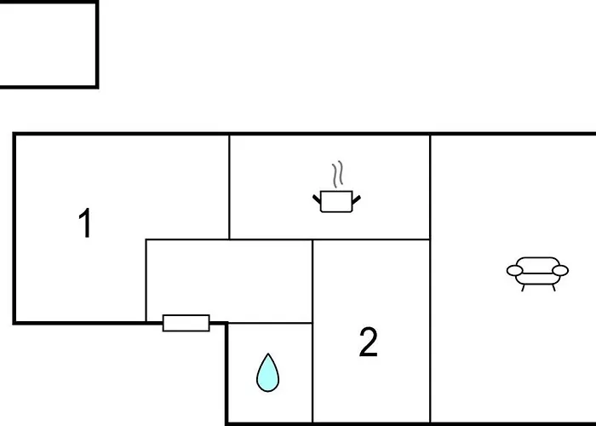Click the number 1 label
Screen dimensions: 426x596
(x=84, y=224)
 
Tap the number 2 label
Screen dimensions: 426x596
(x=368, y=343)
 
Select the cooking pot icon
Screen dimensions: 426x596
(x=337, y=202)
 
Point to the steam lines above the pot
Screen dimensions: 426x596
(x=339, y=174)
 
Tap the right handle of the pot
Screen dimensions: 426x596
(x=357, y=199)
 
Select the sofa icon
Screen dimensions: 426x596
(x=537, y=273)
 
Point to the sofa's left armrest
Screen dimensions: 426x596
(x=514, y=271)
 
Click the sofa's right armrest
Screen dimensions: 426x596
(x=559, y=271)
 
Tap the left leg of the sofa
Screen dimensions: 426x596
(x=523, y=287)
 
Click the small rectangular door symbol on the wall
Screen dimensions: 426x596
(x=186, y=323)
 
